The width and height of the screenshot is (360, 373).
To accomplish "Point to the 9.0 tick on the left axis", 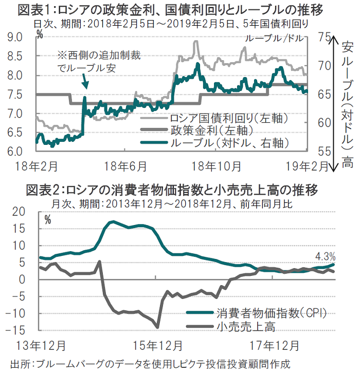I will pyautogui.click(x=15, y=37).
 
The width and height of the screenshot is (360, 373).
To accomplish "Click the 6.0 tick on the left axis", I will pyautogui.click(x=15, y=152).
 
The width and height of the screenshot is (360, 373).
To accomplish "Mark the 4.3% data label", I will pyautogui.click(x=325, y=255).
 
